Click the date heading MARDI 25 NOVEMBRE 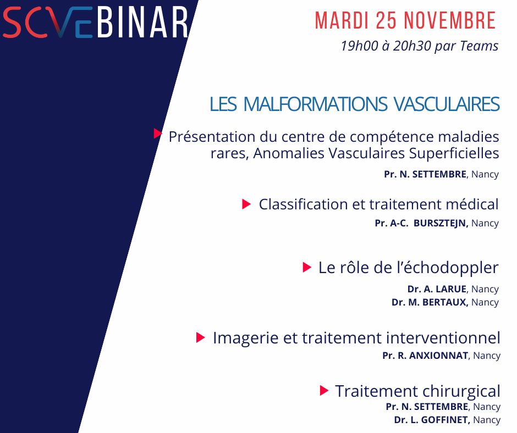405,21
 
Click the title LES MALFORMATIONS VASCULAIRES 354,104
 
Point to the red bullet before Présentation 158,133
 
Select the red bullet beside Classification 246,204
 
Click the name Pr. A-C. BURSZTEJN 421,223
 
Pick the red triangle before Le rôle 306,268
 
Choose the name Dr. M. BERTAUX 430,302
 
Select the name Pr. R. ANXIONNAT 425,356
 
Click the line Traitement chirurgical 417,391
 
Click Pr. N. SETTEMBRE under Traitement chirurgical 426,407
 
